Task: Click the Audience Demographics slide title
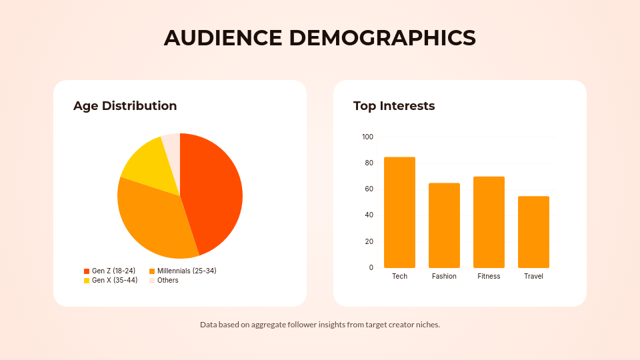click(320, 38)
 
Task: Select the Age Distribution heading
click(125, 106)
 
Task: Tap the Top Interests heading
click(393, 106)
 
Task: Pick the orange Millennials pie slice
click(153, 217)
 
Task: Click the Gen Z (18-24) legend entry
click(109, 271)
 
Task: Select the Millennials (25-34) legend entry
click(182, 271)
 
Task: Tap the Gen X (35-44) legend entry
click(110, 280)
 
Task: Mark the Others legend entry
click(163, 280)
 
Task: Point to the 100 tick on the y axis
click(367, 137)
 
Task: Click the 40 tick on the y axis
click(369, 215)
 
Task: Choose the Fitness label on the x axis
click(489, 276)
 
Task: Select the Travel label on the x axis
click(533, 276)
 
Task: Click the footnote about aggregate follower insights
click(320, 325)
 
